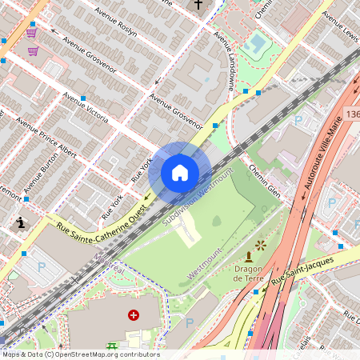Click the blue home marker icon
click(x=179, y=173)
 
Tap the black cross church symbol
click(x=198, y=5)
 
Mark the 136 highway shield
click(x=353, y=116)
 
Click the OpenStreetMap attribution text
click(x=80, y=354)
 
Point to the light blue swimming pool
click(x=257, y=40)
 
